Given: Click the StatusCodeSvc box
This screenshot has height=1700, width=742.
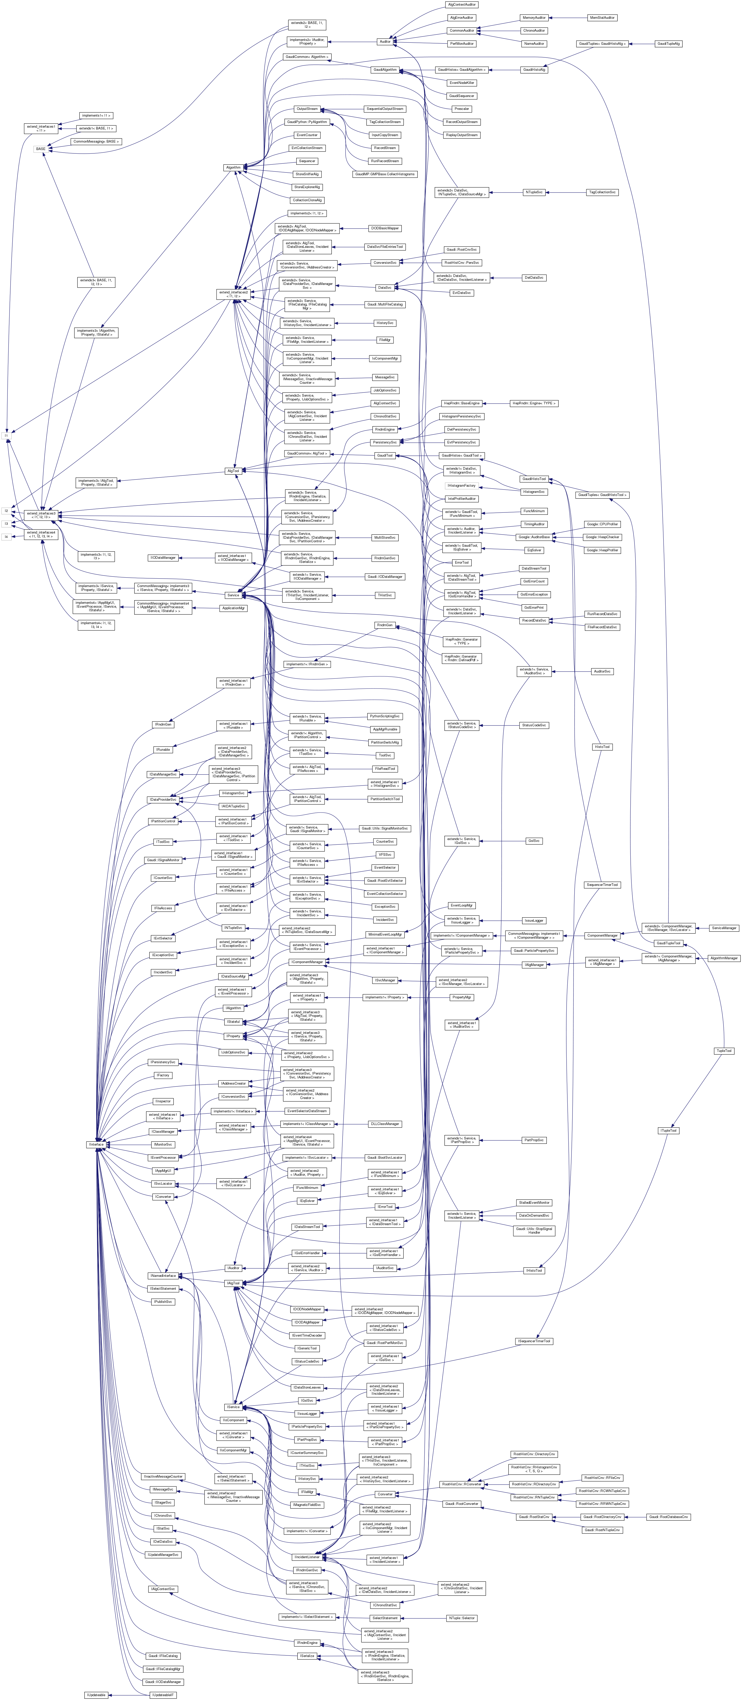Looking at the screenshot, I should point(534,725).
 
